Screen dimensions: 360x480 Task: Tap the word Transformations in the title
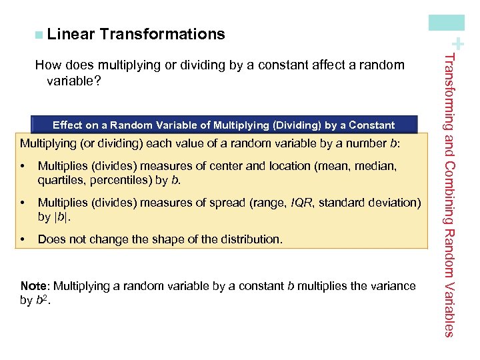(163, 34)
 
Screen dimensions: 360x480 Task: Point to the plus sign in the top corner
(459, 43)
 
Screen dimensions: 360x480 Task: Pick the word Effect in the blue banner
(67, 125)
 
